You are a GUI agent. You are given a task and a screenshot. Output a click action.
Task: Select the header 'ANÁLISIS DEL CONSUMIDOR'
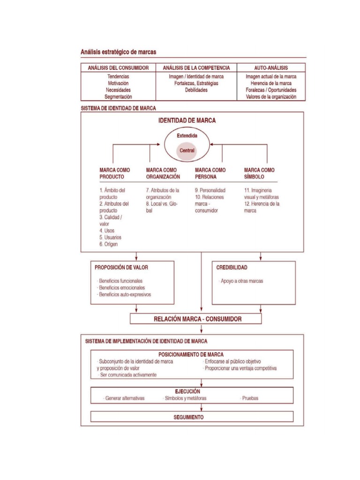(118, 68)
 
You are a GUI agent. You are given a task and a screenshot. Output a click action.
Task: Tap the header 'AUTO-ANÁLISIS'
(271, 68)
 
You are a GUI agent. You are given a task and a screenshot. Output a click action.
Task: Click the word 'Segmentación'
(119, 97)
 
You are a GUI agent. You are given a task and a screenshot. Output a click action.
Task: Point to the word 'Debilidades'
(196, 90)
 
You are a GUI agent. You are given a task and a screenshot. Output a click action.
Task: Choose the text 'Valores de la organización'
(271, 97)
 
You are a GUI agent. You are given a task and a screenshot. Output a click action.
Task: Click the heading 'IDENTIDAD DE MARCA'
(187, 120)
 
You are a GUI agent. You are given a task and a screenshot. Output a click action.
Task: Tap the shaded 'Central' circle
(187, 150)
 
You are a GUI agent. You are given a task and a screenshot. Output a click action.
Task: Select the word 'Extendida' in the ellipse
(187, 136)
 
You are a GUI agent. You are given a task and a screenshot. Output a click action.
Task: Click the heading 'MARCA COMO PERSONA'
(210, 173)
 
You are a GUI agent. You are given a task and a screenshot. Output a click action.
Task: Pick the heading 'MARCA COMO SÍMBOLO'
(260, 173)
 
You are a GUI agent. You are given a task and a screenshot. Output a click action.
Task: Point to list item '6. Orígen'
(108, 244)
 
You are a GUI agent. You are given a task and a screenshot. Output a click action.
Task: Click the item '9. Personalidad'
(210, 191)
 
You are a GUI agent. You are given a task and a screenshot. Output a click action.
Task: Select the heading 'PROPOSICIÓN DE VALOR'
(121, 267)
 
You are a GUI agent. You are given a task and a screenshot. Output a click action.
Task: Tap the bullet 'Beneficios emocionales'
(121, 288)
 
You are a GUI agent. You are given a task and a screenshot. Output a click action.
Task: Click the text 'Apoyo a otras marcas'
(241, 281)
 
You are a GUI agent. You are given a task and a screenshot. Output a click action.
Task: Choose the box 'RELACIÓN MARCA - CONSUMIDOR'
(196, 319)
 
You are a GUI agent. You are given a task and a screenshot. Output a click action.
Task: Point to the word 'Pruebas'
(250, 398)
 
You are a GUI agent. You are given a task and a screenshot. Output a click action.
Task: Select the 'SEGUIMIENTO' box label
(188, 417)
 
